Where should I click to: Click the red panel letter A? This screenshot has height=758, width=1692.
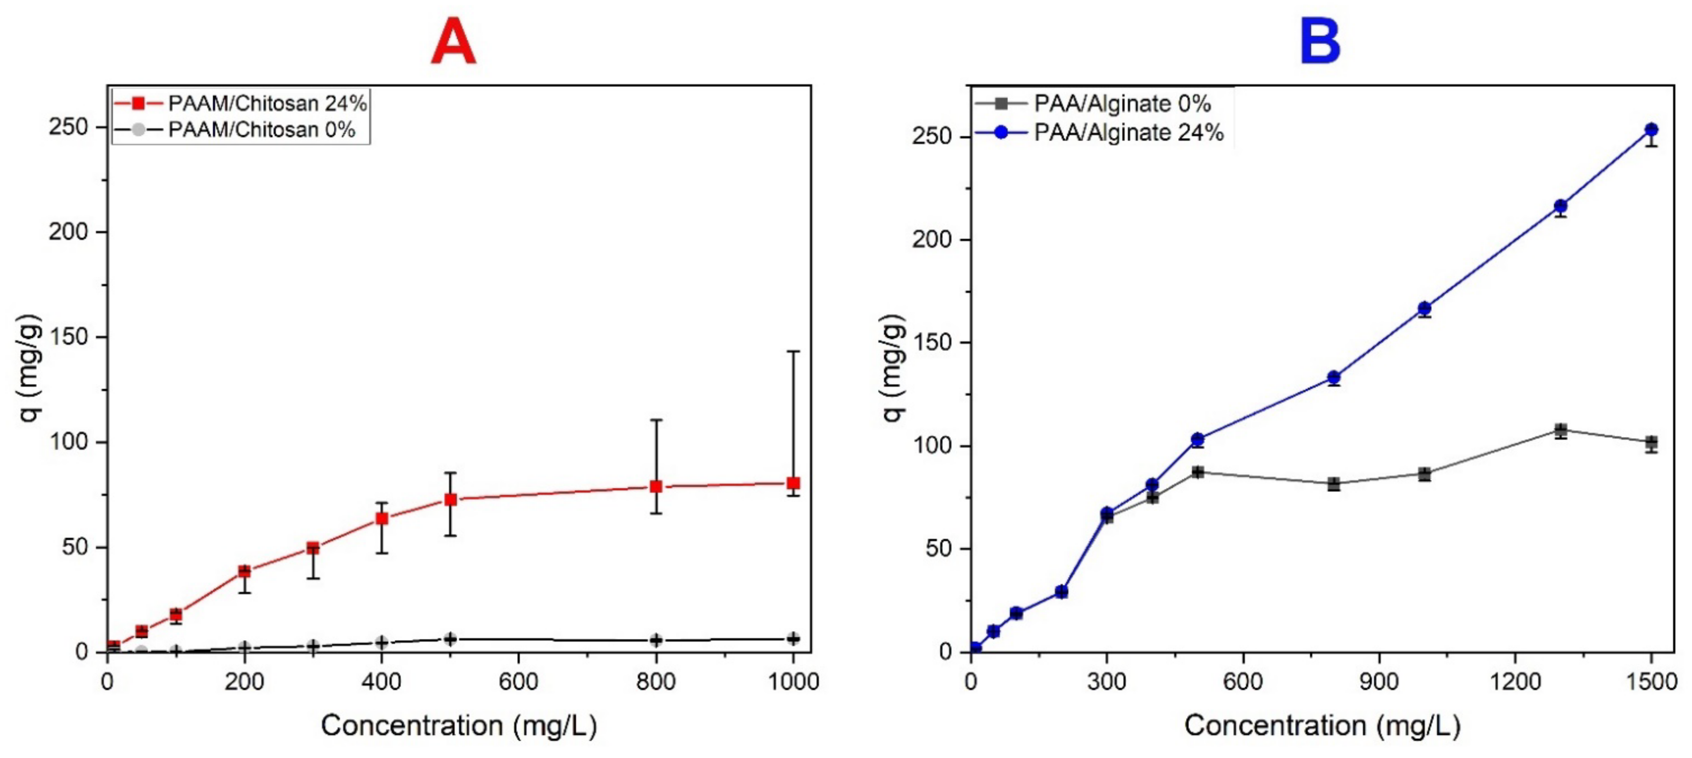pyautogui.click(x=453, y=41)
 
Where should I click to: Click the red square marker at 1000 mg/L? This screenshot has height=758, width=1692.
pyautogui.click(x=793, y=483)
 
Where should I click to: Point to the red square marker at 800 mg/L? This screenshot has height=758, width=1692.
pyautogui.click(x=655, y=487)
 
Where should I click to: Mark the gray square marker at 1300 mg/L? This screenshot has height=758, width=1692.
pyautogui.click(x=1561, y=431)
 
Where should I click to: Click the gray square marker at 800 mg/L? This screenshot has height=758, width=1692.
pyautogui.click(x=1334, y=484)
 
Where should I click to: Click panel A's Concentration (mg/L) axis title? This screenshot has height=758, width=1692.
pyautogui.click(x=459, y=726)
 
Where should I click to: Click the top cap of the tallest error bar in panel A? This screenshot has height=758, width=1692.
pyautogui.click(x=793, y=352)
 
